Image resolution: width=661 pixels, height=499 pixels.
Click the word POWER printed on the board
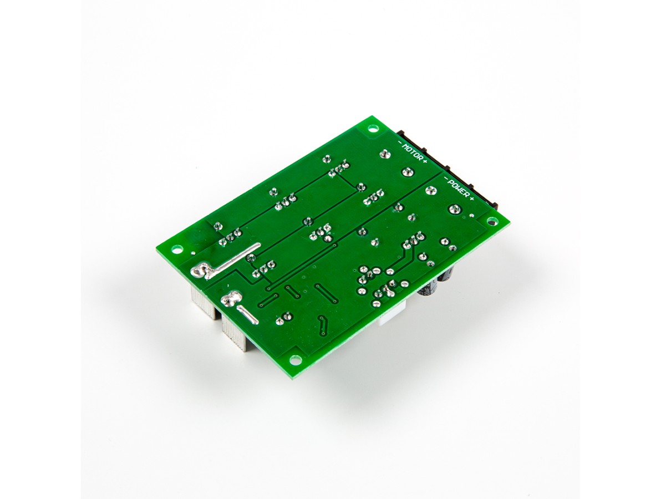(x=459, y=189)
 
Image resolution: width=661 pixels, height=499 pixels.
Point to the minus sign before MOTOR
(x=400, y=142)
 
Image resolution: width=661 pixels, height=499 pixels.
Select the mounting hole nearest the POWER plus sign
(x=491, y=221)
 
